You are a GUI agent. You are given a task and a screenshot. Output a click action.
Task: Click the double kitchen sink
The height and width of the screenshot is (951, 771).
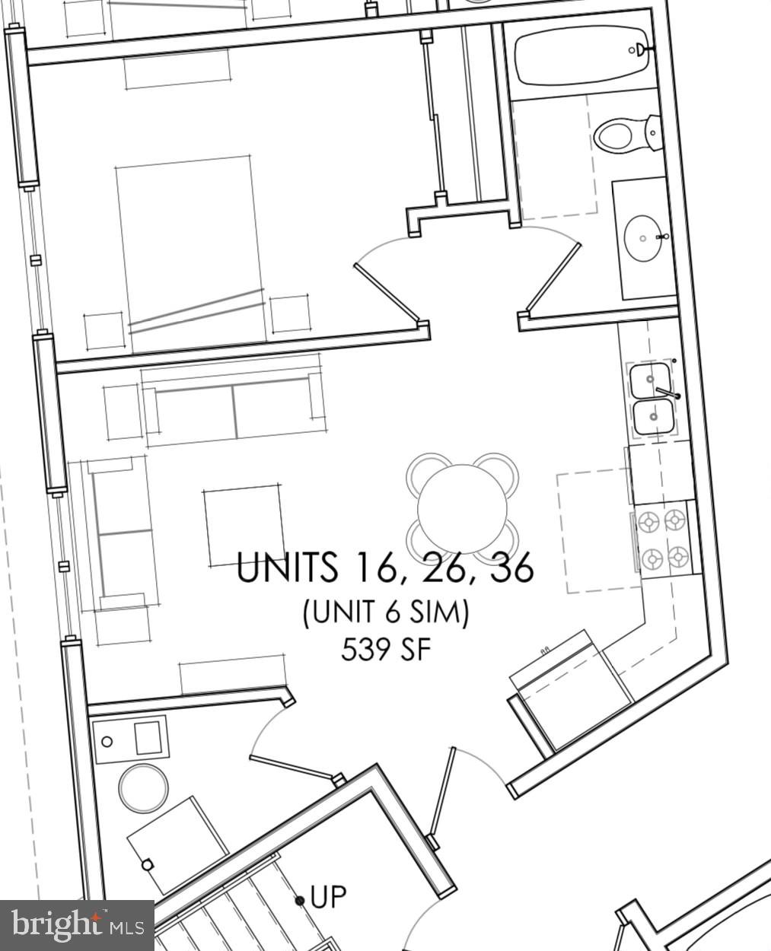(652, 398)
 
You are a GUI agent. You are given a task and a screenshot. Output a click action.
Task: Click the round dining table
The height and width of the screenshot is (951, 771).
(462, 508)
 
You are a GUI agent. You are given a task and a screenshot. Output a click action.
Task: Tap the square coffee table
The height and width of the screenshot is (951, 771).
(244, 524)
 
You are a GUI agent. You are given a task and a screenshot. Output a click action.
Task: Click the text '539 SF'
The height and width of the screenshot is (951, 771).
(386, 650)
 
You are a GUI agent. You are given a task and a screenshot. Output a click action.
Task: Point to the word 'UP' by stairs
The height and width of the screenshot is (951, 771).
(328, 897)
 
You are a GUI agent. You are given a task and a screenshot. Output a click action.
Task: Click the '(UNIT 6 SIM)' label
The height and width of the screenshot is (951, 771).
(385, 612)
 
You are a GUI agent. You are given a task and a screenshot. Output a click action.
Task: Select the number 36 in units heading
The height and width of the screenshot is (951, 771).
(511, 568)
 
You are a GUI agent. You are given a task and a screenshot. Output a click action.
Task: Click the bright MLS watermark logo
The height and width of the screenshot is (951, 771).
(77, 925)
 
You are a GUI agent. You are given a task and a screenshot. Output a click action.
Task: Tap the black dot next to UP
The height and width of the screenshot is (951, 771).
(300, 901)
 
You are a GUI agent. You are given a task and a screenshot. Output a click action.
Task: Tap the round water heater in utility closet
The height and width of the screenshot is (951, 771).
(143, 787)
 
